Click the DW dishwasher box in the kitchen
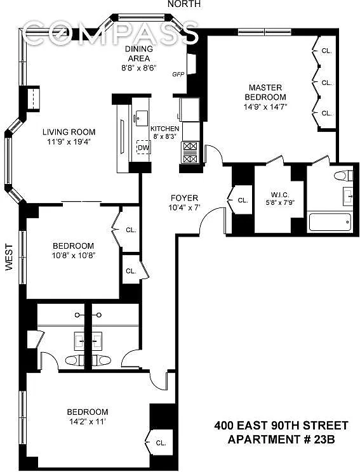point(143,147)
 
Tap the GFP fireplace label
point(178,74)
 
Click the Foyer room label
point(184,198)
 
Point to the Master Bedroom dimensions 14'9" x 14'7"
point(265,107)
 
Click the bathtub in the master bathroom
point(330,222)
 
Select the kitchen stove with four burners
point(190,153)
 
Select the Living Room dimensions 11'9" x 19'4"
point(69,141)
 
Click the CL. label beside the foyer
point(243,200)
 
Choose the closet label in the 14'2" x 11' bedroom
point(161,443)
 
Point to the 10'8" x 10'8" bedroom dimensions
point(74,256)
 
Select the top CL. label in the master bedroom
point(326,51)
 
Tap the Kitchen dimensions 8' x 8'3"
point(165,136)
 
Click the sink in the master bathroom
point(348,196)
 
